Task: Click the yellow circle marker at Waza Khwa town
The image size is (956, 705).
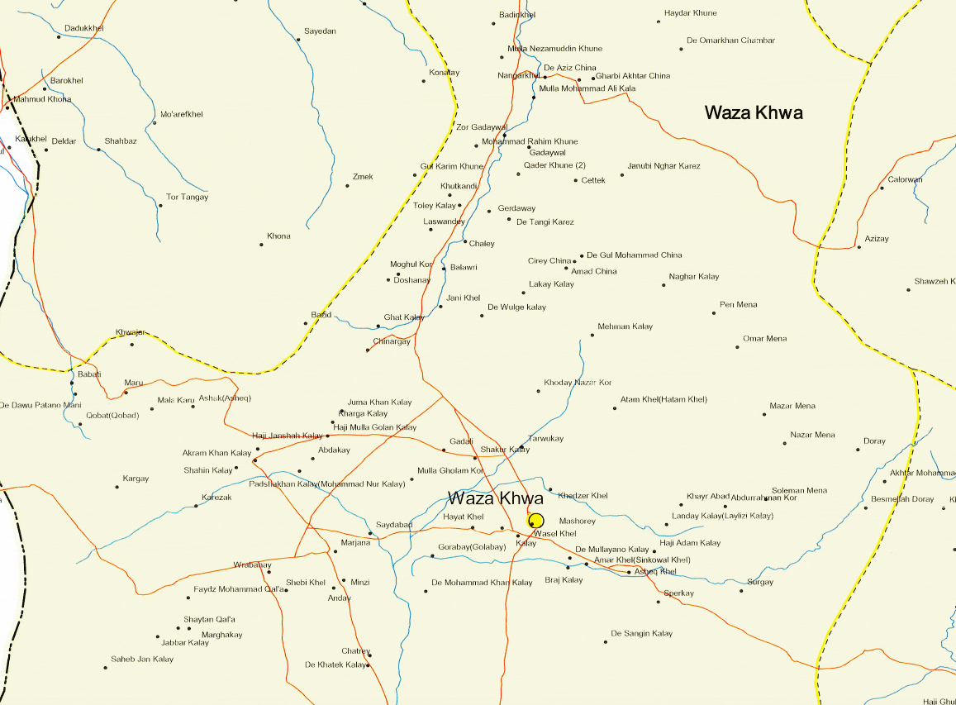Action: click(x=535, y=520)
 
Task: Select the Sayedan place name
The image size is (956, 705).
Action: click(x=320, y=31)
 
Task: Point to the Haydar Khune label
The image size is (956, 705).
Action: click(x=691, y=13)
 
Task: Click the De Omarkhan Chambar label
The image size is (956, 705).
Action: click(x=730, y=40)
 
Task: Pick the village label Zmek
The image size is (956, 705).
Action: click(x=363, y=177)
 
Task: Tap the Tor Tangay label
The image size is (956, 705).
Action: click(x=187, y=197)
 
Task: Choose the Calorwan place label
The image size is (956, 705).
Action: click(x=905, y=179)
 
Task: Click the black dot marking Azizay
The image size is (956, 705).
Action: click(x=858, y=247)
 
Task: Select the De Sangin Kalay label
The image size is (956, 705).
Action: click(x=641, y=633)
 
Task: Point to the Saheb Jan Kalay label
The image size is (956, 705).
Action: click(x=142, y=659)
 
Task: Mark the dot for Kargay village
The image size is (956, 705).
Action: click(x=117, y=487)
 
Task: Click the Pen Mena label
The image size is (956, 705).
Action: click(x=738, y=304)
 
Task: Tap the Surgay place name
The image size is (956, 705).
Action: click(x=759, y=582)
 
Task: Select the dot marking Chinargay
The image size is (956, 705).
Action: click(x=368, y=350)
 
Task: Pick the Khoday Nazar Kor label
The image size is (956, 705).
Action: click(x=578, y=383)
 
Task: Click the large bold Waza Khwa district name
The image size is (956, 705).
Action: click(x=753, y=113)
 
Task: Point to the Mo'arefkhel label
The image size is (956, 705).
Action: click(x=181, y=114)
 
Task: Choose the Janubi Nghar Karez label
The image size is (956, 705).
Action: click(x=663, y=166)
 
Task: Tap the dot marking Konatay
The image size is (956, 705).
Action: click(x=424, y=81)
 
